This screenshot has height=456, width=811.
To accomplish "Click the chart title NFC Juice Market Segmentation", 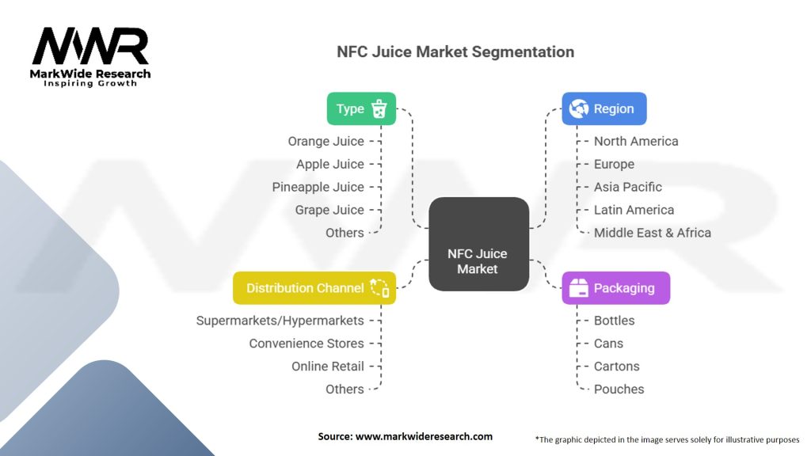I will [455, 52].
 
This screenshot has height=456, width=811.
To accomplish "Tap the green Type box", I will [361, 109].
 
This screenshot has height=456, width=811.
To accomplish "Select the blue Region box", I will [603, 109].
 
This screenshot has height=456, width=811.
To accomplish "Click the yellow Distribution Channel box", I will [314, 288].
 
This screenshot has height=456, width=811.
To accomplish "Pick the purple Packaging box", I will [615, 288].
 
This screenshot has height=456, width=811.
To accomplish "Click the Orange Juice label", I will [326, 142].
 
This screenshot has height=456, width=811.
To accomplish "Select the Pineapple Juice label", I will [318, 188].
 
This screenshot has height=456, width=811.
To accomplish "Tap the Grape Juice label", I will [329, 211].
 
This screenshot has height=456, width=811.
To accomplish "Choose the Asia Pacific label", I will [628, 188].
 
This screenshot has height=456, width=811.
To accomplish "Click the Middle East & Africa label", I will [653, 233].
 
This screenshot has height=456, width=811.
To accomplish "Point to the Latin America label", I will [634, 211].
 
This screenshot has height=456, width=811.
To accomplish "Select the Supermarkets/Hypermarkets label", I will [280, 321].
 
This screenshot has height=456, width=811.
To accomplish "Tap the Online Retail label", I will [328, 367].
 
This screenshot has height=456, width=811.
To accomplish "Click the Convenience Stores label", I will [307, 344].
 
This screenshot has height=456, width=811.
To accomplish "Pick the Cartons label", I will [617, 367].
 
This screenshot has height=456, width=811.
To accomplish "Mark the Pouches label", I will [619, 389].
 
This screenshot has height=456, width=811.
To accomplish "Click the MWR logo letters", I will [90, 47].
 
